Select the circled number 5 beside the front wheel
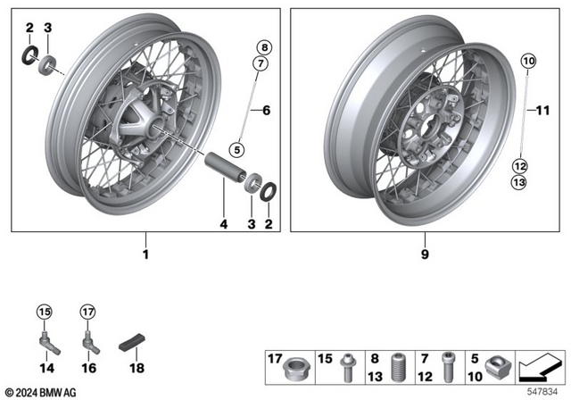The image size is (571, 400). (x=236, y=148)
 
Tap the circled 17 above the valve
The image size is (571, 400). (x=87, y=312)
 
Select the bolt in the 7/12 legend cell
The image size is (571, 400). (x=448, y=363)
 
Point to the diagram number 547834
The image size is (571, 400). (x=542, y=390)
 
